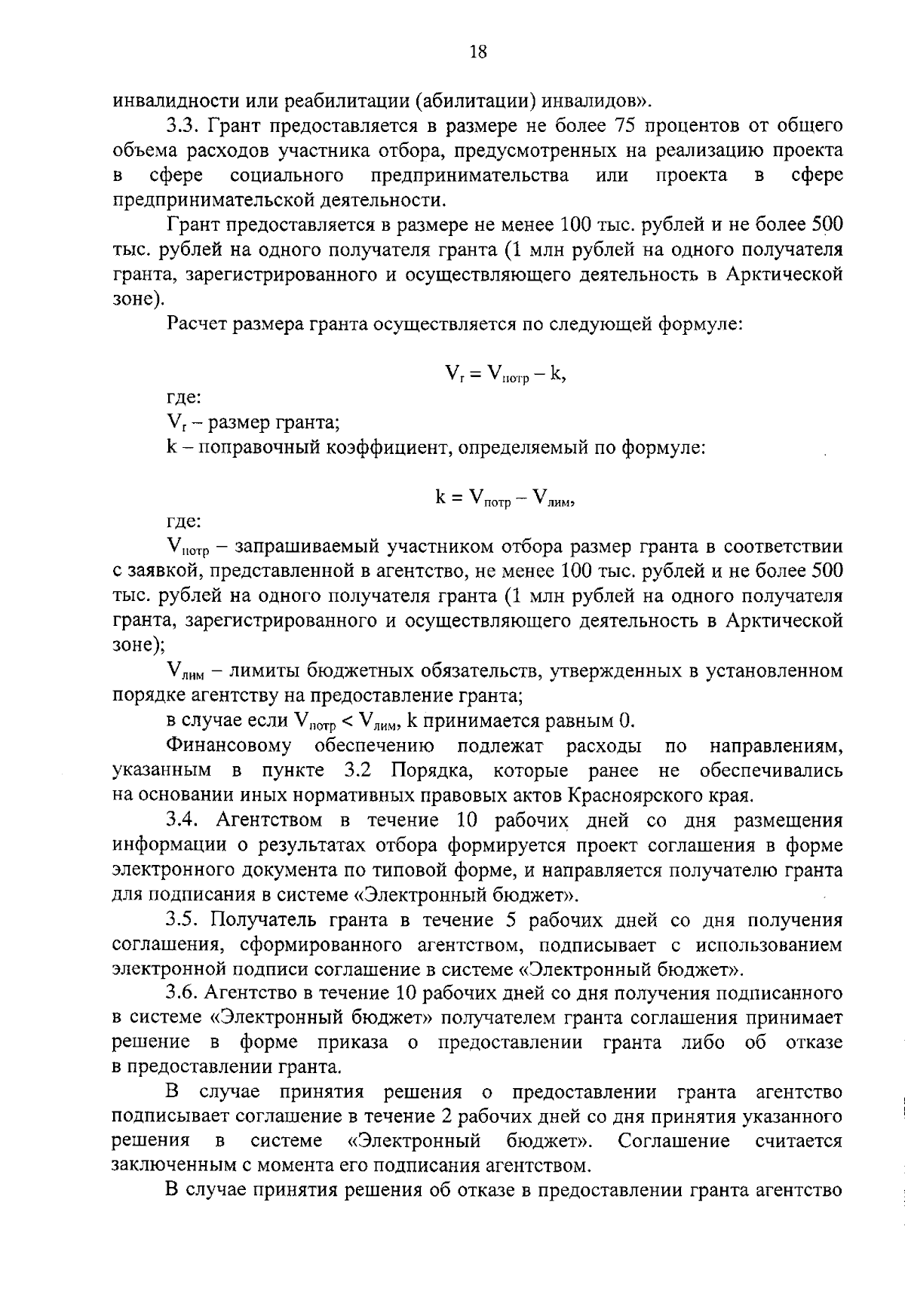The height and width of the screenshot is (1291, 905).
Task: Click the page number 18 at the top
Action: [x=479, y=51]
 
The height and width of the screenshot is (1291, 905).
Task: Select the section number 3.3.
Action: [x=183, y=125]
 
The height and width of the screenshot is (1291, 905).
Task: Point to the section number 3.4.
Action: [x=183, y=820]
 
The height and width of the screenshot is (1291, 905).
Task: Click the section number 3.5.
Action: [x=183, y=920]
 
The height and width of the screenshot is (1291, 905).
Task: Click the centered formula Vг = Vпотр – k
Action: [x=505, y=373]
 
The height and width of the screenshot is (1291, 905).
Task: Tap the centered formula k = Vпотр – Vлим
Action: [x=505, y=498]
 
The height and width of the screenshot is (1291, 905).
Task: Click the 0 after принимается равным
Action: [x=624, y=721]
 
